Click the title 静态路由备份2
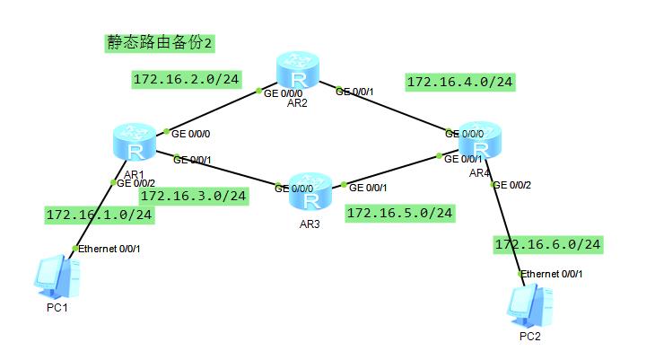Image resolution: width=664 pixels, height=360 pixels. click(158, 42)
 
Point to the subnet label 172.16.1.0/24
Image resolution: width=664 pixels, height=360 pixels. click(99, 215)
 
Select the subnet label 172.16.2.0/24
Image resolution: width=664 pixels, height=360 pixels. click(186, 80)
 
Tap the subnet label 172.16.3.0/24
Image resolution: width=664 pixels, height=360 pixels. click(193, 196)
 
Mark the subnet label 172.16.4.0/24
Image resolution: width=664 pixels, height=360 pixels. click(459, 82)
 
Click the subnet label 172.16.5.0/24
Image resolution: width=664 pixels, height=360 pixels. click(399, 213)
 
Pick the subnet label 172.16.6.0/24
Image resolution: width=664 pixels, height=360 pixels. click(547, 244)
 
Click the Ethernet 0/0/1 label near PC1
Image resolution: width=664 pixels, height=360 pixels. click(109, 248)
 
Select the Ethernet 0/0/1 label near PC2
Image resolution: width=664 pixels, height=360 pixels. click(553, 273)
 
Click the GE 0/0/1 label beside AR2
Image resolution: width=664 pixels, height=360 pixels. click(355, 91)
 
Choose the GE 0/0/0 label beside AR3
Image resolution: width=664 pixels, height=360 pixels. click(294, 189)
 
